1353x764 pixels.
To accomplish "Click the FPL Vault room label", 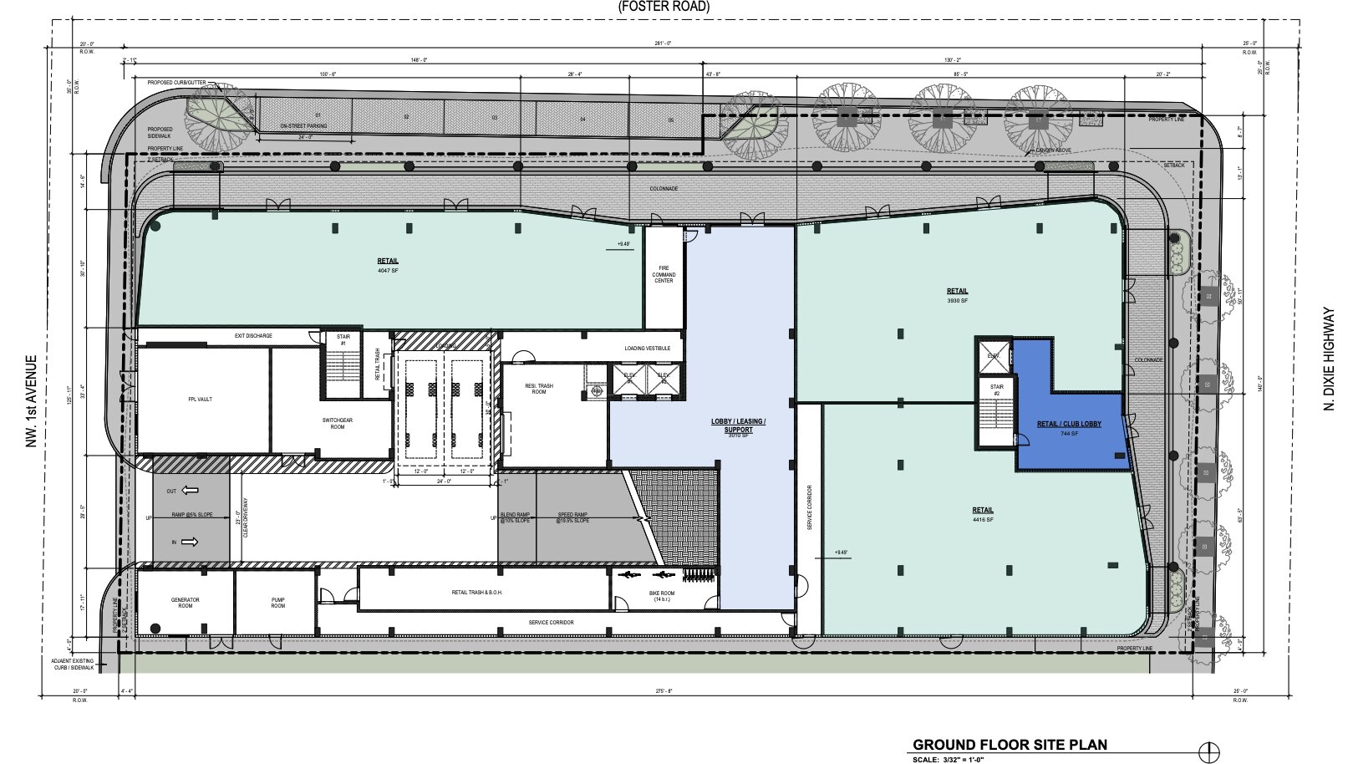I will [200, 400].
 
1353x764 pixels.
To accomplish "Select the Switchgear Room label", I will [337, 423].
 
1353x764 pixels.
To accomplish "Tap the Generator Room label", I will [186, 603].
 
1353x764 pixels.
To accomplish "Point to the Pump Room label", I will [278, 603].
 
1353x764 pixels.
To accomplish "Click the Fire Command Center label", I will [664, 274].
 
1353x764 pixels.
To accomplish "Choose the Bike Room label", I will [661, 596].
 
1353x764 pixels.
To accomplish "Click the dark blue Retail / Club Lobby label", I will [1069, 425].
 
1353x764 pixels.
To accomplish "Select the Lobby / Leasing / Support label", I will [738, 425].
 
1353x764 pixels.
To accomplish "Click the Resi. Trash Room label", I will [539, 389].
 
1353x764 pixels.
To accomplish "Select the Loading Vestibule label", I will [647, 349].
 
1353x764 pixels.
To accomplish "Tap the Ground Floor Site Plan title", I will [1010, 745].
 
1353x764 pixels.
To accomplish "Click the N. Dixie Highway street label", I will [1330, 359].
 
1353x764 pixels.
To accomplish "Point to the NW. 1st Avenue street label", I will [32, 401].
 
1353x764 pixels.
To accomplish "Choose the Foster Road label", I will [664, 7].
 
